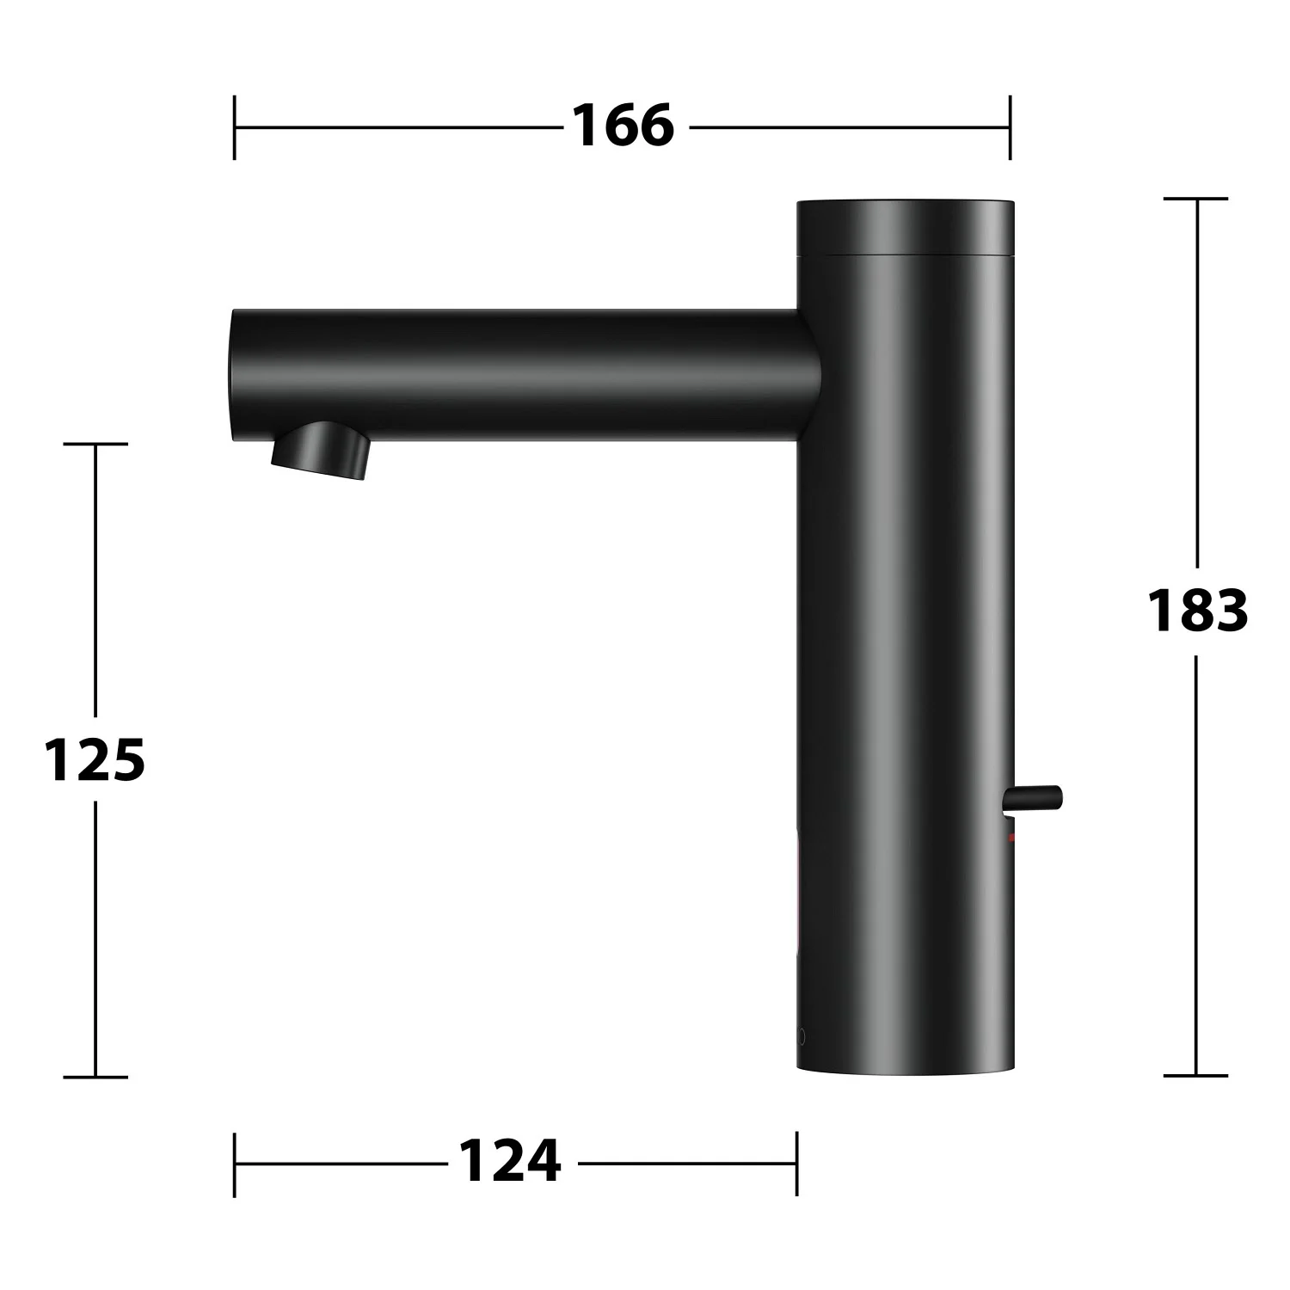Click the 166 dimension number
(x=623, y=126)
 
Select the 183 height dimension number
(x=1197, y=611)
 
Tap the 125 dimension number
(x=95, y=759)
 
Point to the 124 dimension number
(x=510, y=1161)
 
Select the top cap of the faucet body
(x=906, y=229)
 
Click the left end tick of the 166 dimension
(x=234, y=127)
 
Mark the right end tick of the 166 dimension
(x=1010, y=127)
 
